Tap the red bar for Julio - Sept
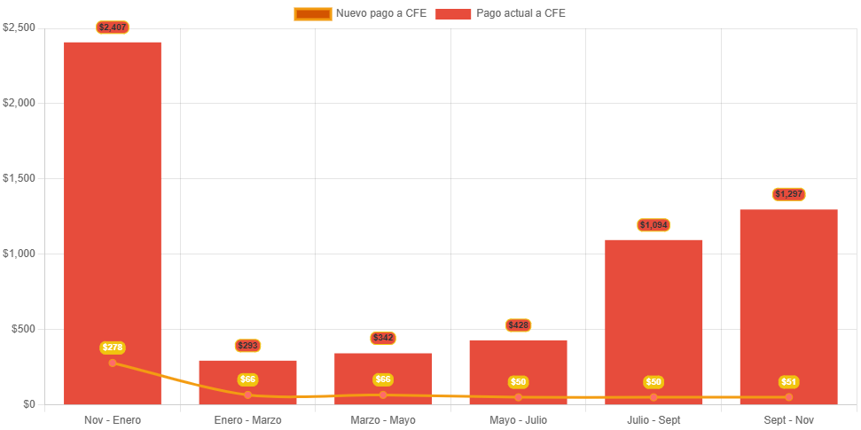click(654, 310)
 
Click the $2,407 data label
click(113, 27)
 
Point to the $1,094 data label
click(654, 225)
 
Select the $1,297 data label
click(789, 194)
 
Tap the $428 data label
click(519, 325)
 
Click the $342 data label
click(383, 338)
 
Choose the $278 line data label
click(113, 348)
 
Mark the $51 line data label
click(789, 382)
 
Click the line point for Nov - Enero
click(113, 363)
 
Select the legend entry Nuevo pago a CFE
click(360, 13)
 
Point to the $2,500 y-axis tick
click(19, 27)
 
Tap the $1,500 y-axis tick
click(19, 178)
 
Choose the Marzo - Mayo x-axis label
click(383, 419)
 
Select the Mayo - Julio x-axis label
click(519, 419)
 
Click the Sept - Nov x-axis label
click(789, 419)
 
